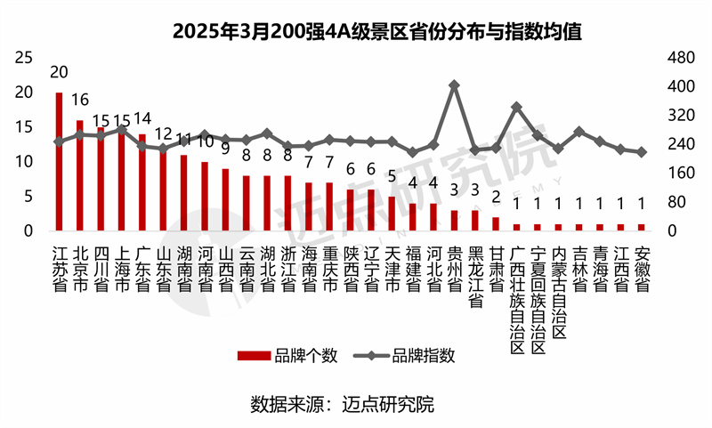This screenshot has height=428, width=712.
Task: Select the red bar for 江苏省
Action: click(59, 162)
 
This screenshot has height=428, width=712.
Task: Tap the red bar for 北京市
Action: click(79, 175)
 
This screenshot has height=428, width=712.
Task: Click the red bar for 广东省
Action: click(142, 182)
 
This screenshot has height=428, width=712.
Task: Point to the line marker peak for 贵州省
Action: click(454, 85)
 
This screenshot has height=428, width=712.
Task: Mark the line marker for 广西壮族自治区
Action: click(516, 108)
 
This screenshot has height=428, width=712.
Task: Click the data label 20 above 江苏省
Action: click(59, 72)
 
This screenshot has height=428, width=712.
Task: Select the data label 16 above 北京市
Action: click(79, 100)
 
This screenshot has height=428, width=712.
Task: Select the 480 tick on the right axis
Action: click(680, 59)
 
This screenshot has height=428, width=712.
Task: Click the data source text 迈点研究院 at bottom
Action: click(392, 404)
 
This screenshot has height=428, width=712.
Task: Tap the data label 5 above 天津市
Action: click(392, 176)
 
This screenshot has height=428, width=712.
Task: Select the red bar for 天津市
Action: click(392, 214)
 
